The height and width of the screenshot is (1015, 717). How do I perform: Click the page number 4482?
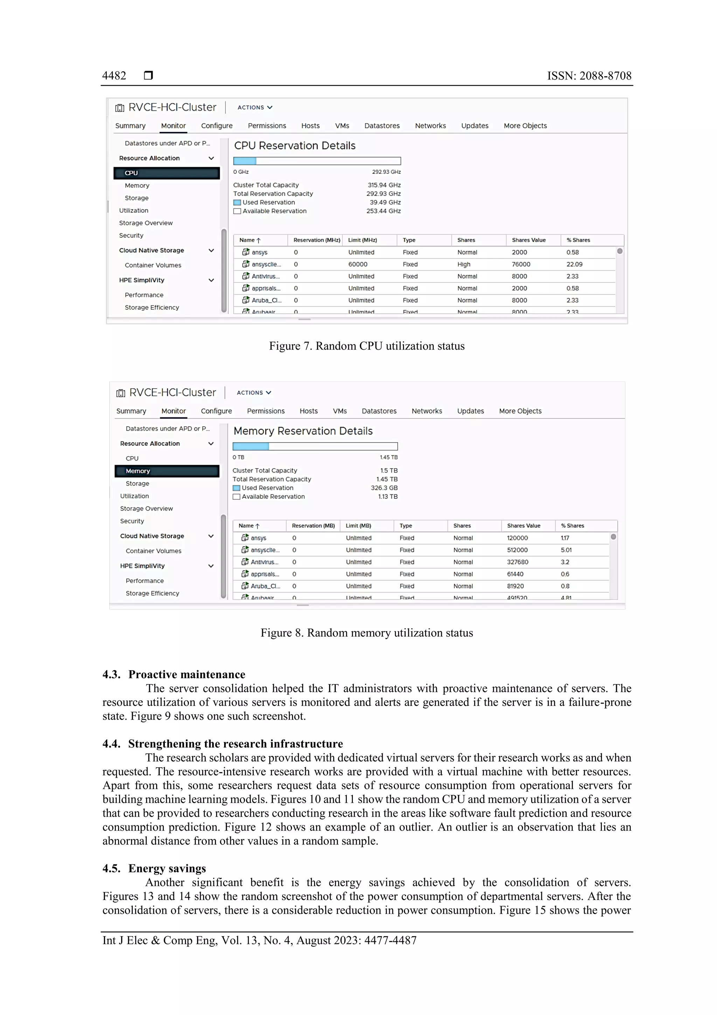114,76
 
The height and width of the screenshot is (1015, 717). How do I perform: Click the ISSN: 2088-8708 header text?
589,76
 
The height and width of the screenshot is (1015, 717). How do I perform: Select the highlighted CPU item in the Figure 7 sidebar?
167,173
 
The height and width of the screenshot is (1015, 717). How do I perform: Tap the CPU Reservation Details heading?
295,145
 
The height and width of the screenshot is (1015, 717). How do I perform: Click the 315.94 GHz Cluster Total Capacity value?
384,185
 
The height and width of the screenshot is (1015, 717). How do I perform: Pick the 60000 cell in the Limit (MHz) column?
357,265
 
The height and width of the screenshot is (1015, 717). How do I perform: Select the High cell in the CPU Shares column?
464,265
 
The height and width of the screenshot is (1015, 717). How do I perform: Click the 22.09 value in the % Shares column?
574,265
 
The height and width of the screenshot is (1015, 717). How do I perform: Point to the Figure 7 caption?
367,346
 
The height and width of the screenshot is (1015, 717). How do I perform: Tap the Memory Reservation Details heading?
303,431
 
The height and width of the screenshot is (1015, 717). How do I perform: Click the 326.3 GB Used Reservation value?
384,488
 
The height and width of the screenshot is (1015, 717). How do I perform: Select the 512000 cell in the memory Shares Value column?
517,550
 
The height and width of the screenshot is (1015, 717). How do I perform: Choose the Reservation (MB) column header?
313,526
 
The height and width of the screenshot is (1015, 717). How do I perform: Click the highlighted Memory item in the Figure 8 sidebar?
167,471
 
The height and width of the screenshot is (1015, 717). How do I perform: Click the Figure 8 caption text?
367,633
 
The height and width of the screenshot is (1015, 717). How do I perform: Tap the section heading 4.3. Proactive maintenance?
174,674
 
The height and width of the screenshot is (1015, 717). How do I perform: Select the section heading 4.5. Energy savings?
154,868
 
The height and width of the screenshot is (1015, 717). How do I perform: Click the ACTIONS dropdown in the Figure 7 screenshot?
255,108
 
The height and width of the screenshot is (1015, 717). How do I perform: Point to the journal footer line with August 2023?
259,940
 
